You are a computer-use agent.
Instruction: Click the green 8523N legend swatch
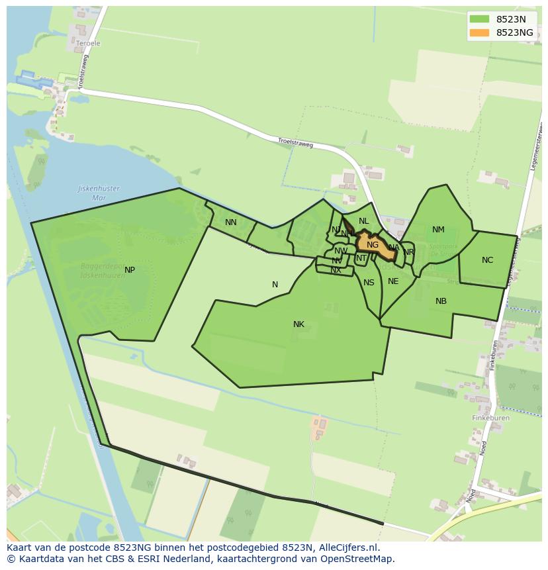coord(479,19)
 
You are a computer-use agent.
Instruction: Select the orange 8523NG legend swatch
coord(479,32)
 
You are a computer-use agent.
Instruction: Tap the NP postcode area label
coord(130,270)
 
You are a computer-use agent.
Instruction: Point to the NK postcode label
coord(298,324)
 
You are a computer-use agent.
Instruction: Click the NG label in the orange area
coord(373,245)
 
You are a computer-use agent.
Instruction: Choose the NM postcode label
coord(438,230)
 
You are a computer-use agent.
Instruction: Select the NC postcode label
coord(487,260)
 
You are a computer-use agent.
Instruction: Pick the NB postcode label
coord(441,301)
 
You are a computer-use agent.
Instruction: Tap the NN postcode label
coord(230,222)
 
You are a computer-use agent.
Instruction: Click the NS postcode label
coord(369,283)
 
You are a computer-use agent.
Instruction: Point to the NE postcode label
coord(393,281)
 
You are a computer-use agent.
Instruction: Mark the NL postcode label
coord(363,221)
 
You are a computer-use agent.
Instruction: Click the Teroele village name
coord(88,44)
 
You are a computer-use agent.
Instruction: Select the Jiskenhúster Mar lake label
coord(99,193)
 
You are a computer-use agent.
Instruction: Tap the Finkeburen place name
coord(490,418)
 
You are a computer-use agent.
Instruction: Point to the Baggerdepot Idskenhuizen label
coord(103,270)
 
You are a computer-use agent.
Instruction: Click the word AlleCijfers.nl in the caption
coord(347,547)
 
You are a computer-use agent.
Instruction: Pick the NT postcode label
coord(361,258)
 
